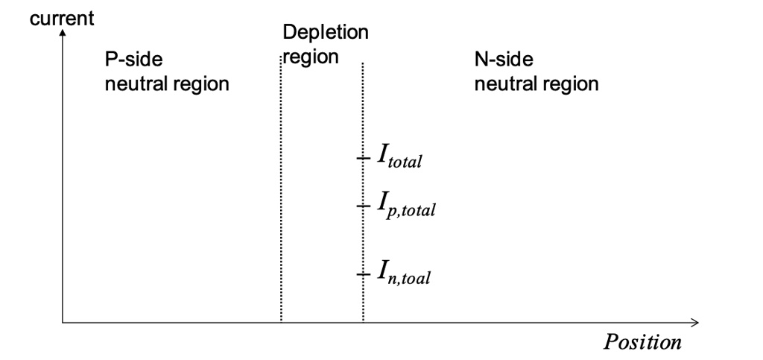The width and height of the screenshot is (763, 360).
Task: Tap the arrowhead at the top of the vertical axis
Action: [x=63, y=33]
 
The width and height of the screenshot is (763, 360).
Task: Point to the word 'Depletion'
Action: [x=325, y=34]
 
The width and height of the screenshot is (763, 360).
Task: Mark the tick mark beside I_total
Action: [x=362, y=157]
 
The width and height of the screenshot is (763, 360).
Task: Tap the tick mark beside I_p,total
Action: [x=362, y=205]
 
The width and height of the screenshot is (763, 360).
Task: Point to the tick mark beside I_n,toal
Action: [x=362, y=274]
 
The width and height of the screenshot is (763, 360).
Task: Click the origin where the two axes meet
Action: [x=63, y=322]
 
